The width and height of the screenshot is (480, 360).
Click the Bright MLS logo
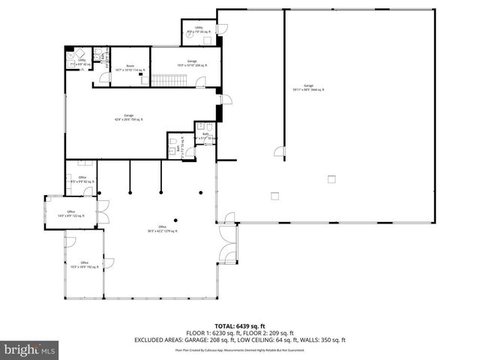coord(30,349)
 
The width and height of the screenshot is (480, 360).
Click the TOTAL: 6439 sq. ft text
coord(239,326)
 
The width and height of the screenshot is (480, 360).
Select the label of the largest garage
coord(308,88)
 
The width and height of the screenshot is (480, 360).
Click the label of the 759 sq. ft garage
coord(128,117)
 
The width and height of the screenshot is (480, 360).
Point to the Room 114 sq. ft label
coord(130,67)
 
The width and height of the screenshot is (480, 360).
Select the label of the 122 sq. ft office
coord(71,213)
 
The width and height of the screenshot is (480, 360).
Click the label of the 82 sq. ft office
coord(82,179)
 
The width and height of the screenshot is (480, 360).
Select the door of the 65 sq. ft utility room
coord(220,30)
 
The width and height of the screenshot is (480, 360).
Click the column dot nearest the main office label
coord(175,220)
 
